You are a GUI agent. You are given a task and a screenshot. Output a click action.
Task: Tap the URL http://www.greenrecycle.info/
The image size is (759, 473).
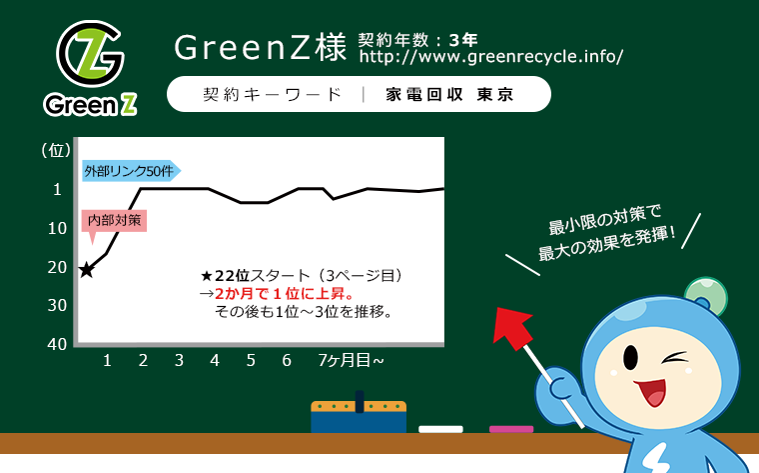point(490,57)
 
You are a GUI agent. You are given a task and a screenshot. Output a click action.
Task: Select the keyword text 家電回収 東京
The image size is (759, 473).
point(449,94)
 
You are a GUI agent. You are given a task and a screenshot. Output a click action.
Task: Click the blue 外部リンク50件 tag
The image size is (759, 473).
point(131,171)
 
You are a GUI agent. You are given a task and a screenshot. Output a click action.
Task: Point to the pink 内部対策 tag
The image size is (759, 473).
point(114,221)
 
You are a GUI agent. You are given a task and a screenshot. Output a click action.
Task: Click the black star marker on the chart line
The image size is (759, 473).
point(86,269)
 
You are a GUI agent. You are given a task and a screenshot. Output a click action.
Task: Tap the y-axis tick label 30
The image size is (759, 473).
point(57,305)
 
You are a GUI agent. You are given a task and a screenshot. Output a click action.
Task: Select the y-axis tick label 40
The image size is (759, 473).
point(57,344)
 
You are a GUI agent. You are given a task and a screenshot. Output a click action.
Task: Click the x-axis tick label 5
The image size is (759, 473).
point(251,360)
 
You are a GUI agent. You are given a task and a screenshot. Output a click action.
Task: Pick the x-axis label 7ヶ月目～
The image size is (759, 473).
point(351,360)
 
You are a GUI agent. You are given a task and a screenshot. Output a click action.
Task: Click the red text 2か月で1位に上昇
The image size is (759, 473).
point(285,294)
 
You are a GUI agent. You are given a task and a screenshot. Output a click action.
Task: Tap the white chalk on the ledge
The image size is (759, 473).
point(440,429)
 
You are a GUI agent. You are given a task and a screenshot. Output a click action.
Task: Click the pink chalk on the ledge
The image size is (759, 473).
point(511,429)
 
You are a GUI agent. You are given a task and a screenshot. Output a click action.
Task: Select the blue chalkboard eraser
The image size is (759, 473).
point(359,414)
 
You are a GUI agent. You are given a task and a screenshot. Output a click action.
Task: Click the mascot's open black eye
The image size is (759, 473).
point(630,358)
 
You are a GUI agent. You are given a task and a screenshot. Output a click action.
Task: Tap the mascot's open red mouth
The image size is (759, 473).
point(651,391)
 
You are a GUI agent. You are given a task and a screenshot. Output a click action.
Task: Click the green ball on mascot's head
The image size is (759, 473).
point(707,295)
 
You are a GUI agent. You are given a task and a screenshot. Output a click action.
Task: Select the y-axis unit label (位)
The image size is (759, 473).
point(56,150)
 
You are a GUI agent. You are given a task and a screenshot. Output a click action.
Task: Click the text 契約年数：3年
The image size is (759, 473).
point(417,40)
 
